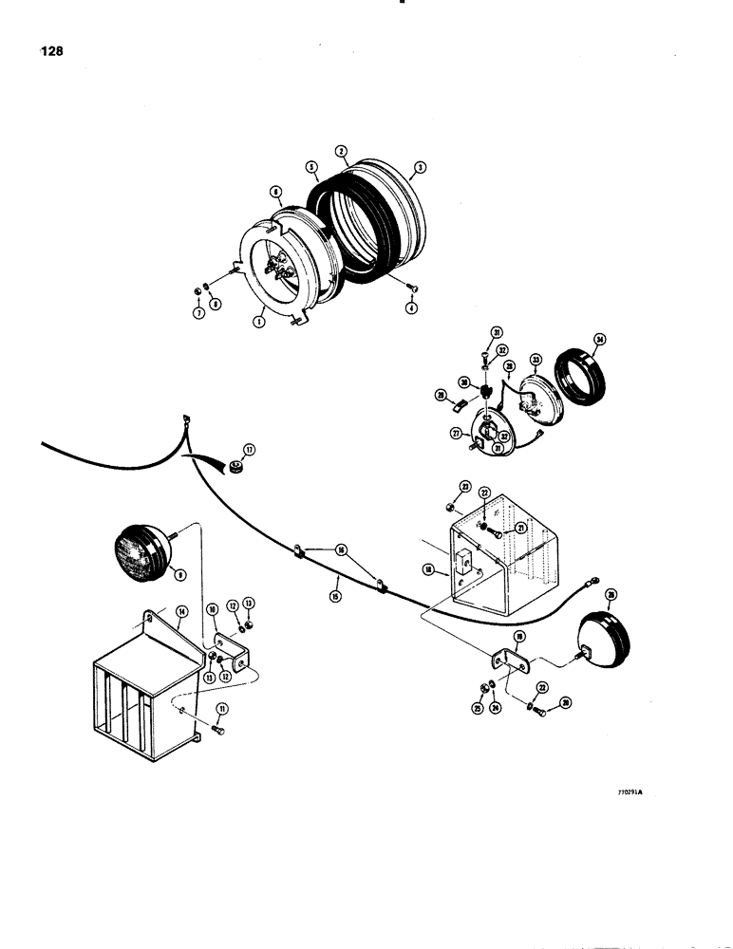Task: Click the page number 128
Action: pyautogui.click(x=51, y=52)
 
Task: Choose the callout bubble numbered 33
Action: pyautogui.click(x=536, y=361)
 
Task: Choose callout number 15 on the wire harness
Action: pyautogui.click(x=335, y=595)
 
